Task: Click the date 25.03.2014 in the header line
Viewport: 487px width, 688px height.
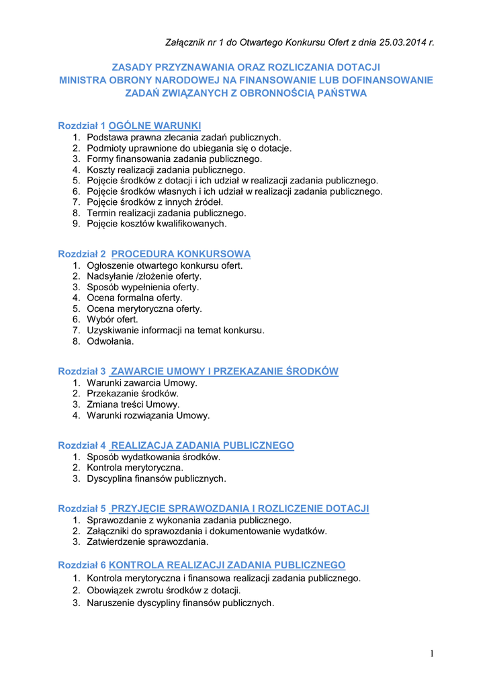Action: point(401,43)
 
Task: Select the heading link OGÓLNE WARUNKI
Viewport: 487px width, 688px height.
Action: point(154,126)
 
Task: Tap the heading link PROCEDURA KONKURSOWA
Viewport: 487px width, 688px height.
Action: point(181,254)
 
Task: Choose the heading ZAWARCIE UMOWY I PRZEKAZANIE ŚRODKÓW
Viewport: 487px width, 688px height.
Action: point(224,371)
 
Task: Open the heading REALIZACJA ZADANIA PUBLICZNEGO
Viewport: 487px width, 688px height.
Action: point(202,445)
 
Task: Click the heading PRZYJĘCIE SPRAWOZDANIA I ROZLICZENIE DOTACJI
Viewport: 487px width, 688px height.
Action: point(240,508)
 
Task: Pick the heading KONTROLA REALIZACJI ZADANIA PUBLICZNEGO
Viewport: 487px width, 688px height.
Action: point(227,565)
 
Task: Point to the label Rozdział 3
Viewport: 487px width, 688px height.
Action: point(82,371)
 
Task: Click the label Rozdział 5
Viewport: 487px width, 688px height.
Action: point(82,508)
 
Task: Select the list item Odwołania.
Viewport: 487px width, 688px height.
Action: point(110,341)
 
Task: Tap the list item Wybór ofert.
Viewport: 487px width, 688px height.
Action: point(112,319)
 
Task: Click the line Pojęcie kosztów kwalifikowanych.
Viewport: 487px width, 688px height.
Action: point(157,224)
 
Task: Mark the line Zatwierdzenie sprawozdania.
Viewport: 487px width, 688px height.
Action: point(147,542)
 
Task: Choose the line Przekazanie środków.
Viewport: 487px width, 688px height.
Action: point(132,394)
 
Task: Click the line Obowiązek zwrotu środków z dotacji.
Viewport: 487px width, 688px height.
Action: point(163,591)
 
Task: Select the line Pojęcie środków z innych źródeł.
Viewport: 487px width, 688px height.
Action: point(154,202)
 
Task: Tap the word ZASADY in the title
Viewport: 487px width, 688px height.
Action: point(131,67)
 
